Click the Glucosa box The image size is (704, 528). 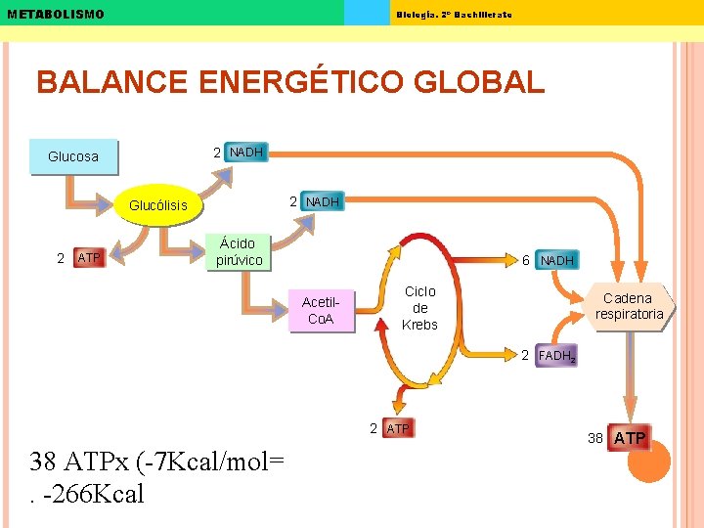click(73, 156)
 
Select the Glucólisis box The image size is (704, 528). click(158, 205)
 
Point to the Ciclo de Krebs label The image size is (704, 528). click(419, 308)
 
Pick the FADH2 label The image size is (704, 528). click(556, 357)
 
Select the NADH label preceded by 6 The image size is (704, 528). click(557, 260)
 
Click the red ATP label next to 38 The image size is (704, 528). click(629, 438)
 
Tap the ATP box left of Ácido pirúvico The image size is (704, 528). click(89, 258)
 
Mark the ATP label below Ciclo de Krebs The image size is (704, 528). click(399, 429)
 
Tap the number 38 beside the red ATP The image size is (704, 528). click(594, 438)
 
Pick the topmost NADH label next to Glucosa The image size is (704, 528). click(245, 153)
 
